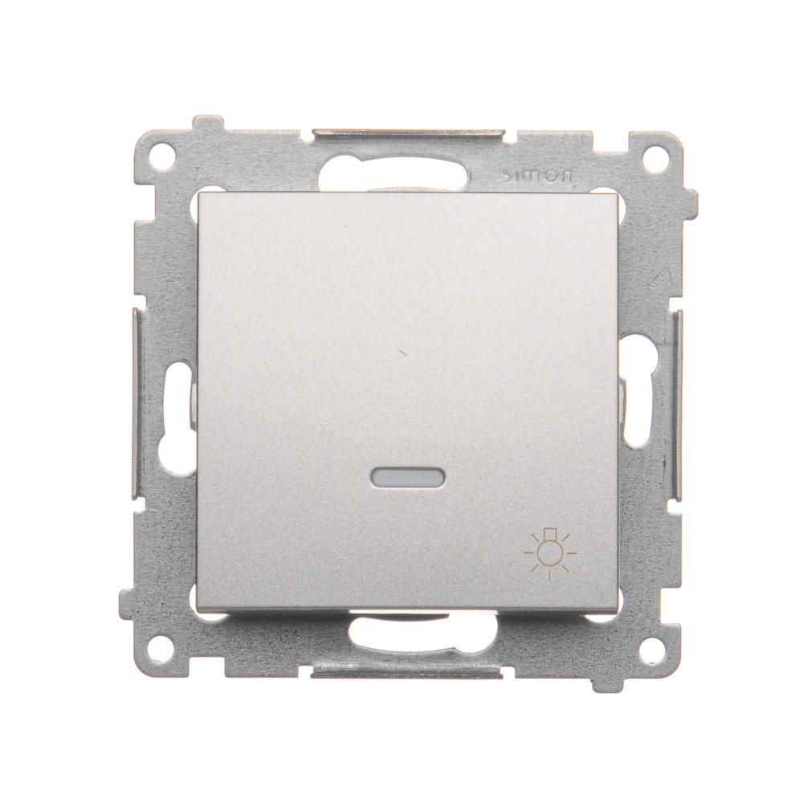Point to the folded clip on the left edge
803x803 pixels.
[136, 405]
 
